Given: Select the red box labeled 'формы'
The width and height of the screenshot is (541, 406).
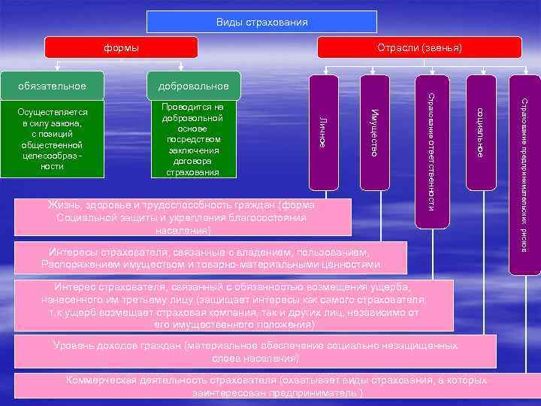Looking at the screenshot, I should click(120, 48).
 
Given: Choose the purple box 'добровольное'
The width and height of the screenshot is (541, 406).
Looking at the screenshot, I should click(194, 86).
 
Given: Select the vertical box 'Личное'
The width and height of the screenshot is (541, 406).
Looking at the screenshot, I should click(322, 132).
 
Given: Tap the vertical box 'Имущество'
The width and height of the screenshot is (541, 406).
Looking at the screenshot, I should click(373, 132).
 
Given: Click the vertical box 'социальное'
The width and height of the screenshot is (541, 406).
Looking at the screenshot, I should click(480, 132).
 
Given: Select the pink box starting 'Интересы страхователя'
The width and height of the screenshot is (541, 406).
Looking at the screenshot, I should click(211, 257).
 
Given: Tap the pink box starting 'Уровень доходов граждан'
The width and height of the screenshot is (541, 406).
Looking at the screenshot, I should click(256, 351).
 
